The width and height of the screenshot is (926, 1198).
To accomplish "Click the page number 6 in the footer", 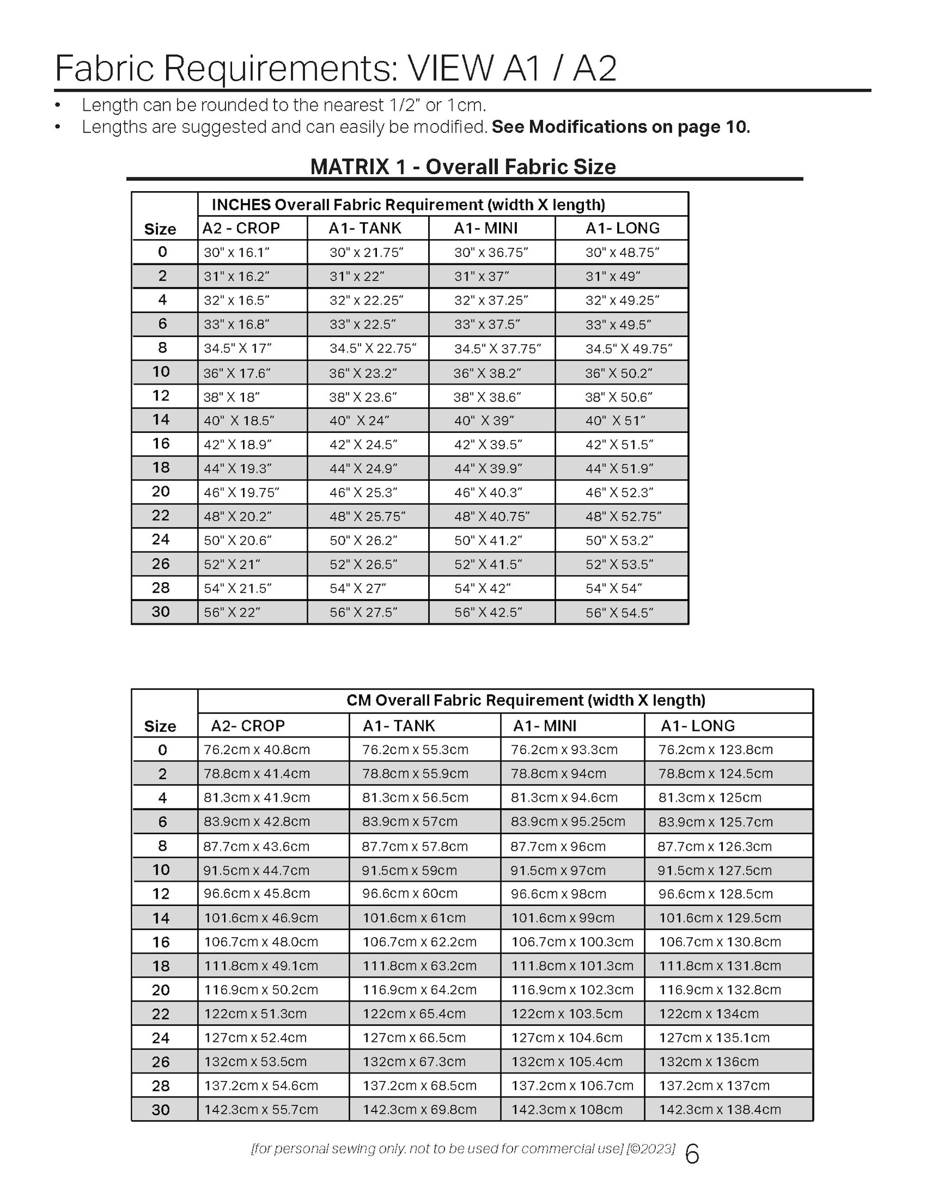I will point(692,1154).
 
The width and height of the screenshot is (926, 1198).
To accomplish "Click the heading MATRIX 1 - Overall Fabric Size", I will point(463,167).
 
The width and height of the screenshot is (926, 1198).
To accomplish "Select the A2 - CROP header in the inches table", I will point(241,228).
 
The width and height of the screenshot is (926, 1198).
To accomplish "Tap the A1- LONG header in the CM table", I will point(697,726).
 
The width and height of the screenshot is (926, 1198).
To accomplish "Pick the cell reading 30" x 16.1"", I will point(236,252).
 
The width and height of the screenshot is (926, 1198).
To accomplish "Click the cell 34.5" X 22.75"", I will point(373,348).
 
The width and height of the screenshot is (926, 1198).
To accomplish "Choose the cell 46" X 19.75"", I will point(241,492).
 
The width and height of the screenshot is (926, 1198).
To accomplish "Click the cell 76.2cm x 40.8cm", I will point(257,750).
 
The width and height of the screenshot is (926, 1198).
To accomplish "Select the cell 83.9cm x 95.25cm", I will point(568,822).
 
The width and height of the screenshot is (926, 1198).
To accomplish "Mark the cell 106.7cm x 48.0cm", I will point(261,942).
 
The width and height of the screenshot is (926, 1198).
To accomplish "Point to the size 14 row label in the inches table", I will point(161,420).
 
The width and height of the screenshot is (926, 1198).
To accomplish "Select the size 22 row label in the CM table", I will point(161,1014).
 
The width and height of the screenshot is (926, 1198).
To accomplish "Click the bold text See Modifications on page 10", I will point(621,127).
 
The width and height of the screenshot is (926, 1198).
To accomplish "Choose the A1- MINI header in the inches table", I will point(485,228).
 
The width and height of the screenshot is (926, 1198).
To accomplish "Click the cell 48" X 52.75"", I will point(623,517).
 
